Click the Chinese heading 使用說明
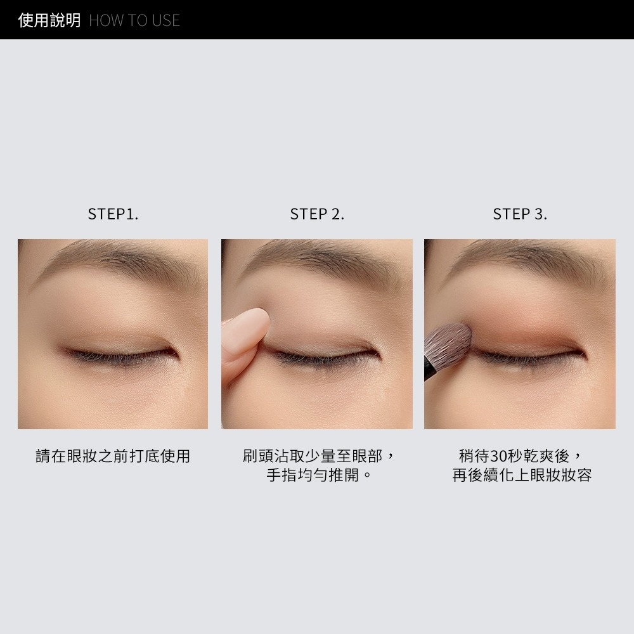tap(49, 20)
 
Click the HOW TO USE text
tap(134, 20)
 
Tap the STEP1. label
tap(113, 214)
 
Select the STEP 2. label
tap(317, 214)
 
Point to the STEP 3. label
tap(520, 214)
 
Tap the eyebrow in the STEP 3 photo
tap(526, 259)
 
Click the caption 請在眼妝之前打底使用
tap(113, 456)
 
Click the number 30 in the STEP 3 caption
tap(497, 456)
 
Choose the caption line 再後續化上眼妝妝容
tap(522, 475)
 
